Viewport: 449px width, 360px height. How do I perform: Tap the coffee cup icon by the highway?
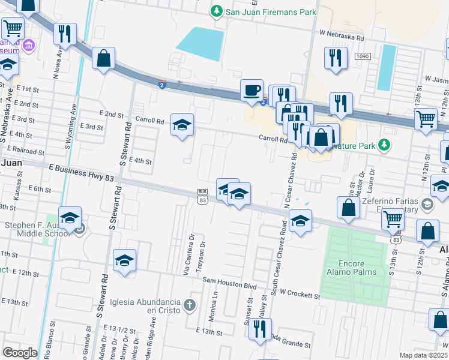click(252, 90)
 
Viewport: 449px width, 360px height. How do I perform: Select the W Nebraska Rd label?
click(342, 37)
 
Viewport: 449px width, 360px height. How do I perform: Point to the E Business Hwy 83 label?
click(84, 173)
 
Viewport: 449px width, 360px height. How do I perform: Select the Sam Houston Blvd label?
click(233, 280)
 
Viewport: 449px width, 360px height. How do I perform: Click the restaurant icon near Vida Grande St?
click(259, 329)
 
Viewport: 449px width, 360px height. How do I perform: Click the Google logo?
click(19, 353)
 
